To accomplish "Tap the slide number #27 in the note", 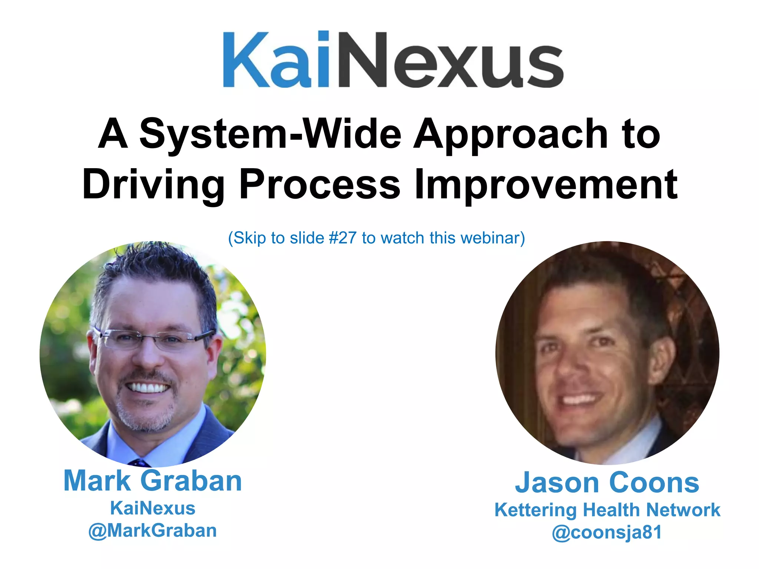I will pos(343,238).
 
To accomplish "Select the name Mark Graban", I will pos(153,481).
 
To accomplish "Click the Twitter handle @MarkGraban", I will pos(153,530).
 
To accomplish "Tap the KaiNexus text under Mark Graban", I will pos(153,508).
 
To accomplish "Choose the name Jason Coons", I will pos(607,483).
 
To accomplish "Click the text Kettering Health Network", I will pos(607,510).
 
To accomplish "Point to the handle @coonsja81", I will pos(607,532).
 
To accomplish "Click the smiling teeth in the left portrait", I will pos(148,388).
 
